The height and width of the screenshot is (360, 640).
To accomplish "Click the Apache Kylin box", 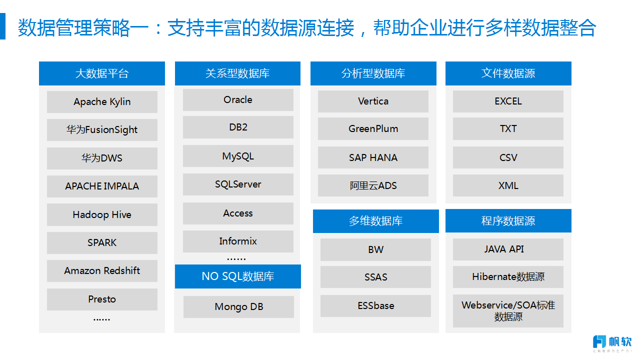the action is coord(102,101).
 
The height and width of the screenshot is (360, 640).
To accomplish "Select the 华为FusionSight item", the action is coord(102,129).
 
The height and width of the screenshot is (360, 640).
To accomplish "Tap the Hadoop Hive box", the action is coord(102,214).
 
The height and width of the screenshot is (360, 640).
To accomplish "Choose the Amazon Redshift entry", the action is coord(102,271).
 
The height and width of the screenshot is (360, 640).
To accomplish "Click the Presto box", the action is coord(102,299).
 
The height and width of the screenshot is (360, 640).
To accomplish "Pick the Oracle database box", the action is coord(238,99).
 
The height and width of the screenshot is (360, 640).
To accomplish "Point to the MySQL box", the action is coord(238,156).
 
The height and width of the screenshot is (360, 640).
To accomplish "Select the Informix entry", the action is coord(238,241).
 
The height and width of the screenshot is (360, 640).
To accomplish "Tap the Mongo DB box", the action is coord(238,307).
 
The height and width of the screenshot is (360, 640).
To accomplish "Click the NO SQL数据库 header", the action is coord(237,276).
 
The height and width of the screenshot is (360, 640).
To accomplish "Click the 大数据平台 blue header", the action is coord(102,73).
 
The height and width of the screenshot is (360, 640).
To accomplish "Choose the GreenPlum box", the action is coord(373,129).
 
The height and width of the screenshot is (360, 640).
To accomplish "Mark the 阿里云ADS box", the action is coord(373,185).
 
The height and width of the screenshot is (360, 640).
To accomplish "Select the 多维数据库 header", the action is coord(375,221).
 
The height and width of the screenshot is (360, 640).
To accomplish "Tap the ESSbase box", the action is coord(375,306).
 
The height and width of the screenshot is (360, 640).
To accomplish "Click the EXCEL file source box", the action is coord(508,101).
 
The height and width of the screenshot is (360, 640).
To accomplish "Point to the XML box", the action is coord(508,185).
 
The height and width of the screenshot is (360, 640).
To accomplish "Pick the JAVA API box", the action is coord(508,249).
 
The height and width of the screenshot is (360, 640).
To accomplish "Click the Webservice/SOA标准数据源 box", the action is coord(508,311).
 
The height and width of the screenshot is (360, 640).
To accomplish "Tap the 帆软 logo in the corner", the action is coord(612,343).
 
